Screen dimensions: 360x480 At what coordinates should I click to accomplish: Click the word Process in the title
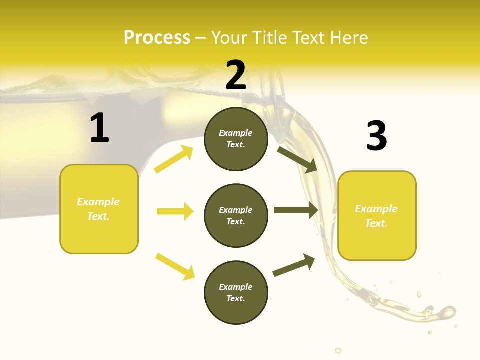[x=157, y=37]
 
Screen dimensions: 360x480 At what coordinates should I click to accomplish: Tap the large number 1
[x=99, y=129]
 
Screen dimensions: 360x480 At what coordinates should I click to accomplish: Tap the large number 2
[x=236, y=75]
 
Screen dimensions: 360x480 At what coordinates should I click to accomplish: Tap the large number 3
[x=376, y=136]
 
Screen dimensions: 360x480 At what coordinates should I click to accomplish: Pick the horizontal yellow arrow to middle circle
[x=175, y=211]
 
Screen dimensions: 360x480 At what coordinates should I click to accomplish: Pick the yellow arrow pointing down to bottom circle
[x=175, y=266]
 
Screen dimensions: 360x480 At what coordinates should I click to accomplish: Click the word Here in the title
[x=348, y=37]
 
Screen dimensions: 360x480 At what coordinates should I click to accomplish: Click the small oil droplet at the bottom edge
[x=338, y=350]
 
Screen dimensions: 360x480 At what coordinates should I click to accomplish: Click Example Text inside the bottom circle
[x=236, y=292]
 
